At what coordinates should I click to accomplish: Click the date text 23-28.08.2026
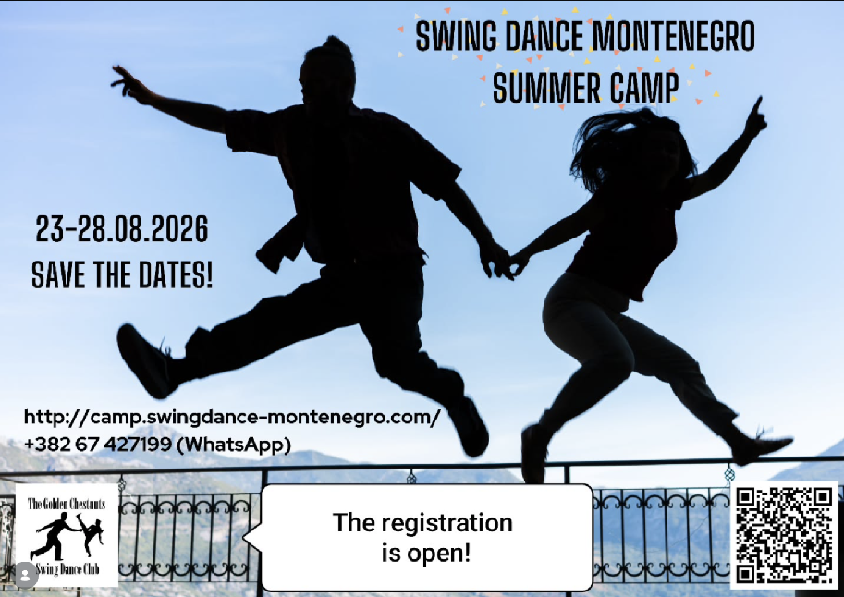122,229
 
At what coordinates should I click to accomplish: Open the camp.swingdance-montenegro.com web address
232,417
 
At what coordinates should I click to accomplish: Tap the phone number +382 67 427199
97,445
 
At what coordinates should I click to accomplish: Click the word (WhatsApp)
234,445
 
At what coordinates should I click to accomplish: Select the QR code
784,535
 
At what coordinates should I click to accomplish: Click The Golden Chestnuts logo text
67,504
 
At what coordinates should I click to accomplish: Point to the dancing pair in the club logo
67,536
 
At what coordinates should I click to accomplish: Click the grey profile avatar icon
25,575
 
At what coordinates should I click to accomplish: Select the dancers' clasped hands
505,262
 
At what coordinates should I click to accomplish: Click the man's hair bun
336,43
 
